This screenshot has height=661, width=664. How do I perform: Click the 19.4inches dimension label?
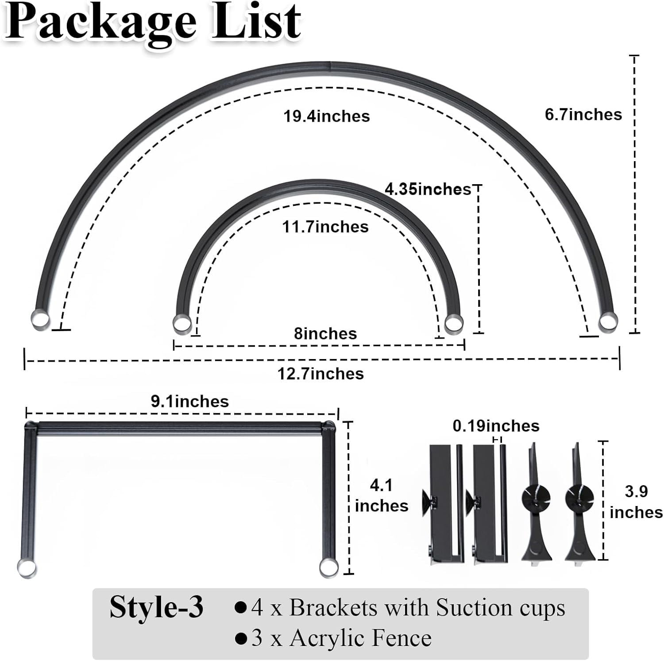pos(327,116)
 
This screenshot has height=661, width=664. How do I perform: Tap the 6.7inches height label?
pos(583,114)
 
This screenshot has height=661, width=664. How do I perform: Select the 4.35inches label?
pos(428,189)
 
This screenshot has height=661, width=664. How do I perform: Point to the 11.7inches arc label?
pos(325,227)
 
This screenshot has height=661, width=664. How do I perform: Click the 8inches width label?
pos(325,333)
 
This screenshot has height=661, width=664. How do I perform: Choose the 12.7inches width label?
pos(320,374)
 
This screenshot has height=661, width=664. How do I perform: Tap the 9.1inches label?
pos(190,401)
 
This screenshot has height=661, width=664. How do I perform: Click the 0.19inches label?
pos(496,426)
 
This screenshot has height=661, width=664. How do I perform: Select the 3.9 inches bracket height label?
pos(636,502)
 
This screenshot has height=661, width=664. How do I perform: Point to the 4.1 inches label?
pos(382,496)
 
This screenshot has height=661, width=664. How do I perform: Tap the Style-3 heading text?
pos(157,607)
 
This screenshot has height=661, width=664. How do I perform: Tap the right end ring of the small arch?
pos(453,324)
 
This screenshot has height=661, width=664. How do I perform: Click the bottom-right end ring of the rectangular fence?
pos(328,567)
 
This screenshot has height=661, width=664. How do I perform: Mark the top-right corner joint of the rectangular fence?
pos(328,426)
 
